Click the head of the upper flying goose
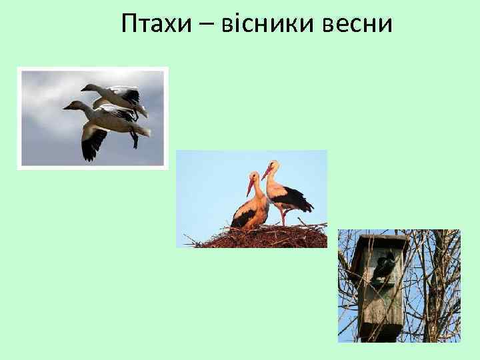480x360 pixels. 87,87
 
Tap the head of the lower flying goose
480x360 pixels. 70,105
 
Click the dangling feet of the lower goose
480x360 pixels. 135,140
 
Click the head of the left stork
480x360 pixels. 255,176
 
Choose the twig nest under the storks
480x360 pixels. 267,237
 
